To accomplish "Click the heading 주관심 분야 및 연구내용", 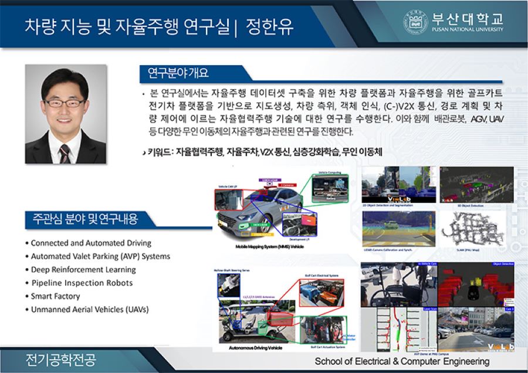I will pyautogui.click(x=82, y=220).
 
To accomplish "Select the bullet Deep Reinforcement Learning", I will pyautogui.click(x=83, y=270).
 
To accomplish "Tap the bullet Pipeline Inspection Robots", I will pyautogui.click(x=82, y=283).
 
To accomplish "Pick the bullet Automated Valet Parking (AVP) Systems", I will pyautogui.click(x=100, y=256).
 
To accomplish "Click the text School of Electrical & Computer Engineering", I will pyautogui.click(x=402, y=361).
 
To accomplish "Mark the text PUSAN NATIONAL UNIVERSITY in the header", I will pyautogui.click(x=467, y=29).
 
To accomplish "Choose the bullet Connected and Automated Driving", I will pyautogui.click(x=91, y=243).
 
